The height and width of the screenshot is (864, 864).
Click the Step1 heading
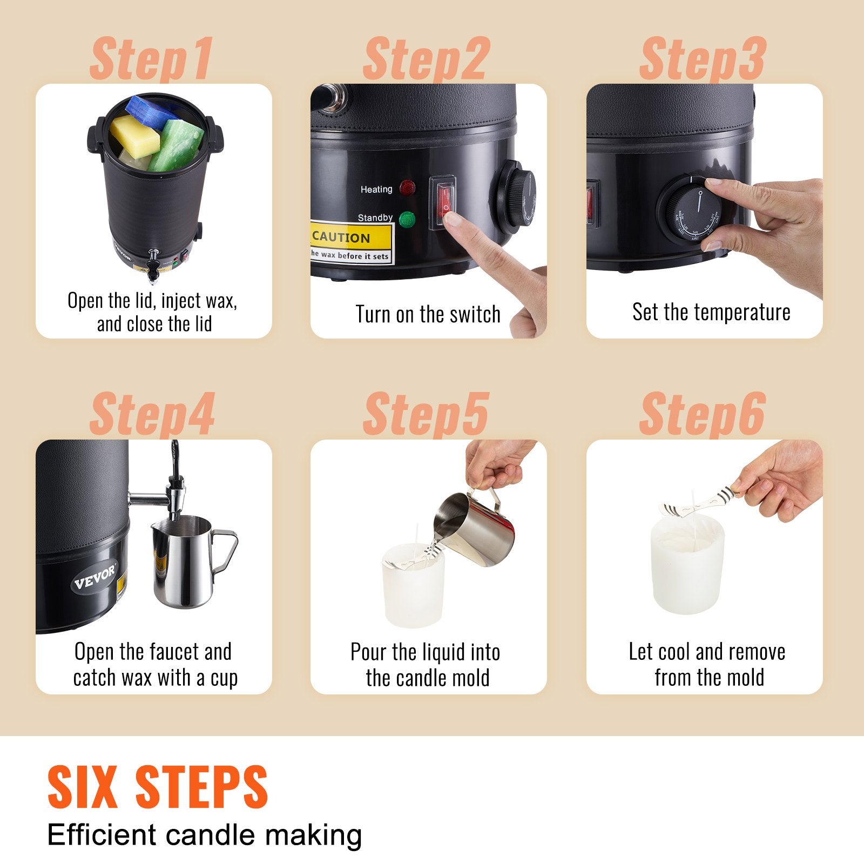[151, 59]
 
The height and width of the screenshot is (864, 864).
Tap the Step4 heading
[152, 415]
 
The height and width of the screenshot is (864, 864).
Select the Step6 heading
[702, 415]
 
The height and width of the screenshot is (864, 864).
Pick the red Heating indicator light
[408, 188]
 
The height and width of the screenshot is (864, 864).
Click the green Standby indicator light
[407, 219]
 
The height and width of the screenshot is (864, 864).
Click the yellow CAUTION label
[351, 237]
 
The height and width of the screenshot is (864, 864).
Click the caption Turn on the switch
[428, 314]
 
